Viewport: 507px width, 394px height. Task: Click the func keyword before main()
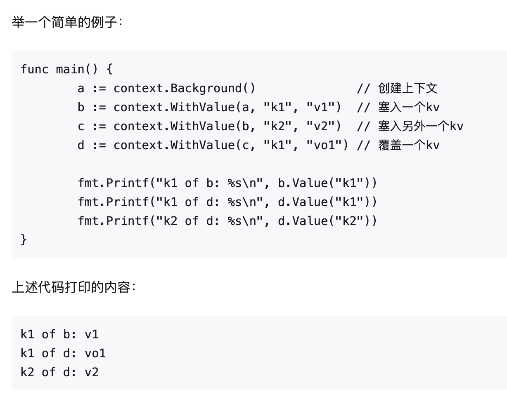point(34,69)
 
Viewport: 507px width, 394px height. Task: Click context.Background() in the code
point(185,88)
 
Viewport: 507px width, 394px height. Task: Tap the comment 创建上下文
point(407,88)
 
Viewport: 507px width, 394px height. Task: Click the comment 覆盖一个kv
point(409,145)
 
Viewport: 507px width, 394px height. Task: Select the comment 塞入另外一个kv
point(421,126)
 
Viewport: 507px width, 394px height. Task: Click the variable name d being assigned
point(81,145)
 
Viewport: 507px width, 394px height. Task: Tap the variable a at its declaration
point(81,88)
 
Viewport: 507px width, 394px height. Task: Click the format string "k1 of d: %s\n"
point(206,202)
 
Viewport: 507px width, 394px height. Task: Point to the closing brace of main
point(24,239)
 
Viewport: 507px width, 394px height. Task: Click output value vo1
point(95,353)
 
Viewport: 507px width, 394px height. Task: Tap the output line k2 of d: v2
point(59,372)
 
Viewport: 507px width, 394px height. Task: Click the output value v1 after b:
point(92,334)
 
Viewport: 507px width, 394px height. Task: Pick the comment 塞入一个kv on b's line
point(409,107)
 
